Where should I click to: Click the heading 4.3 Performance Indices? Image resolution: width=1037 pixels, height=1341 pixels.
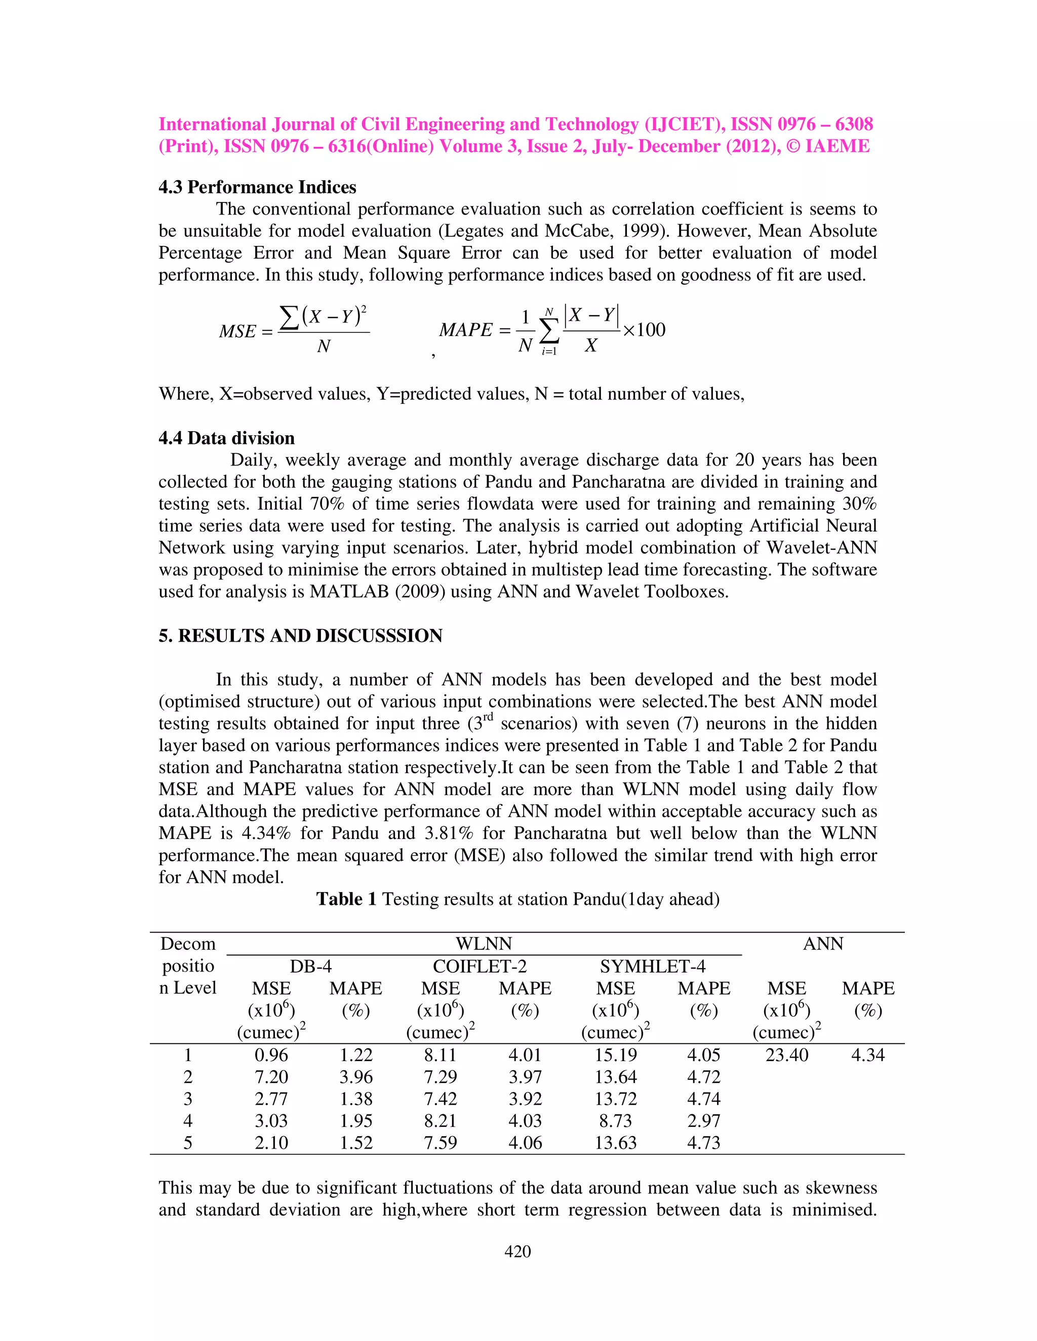click(x=257, y=187)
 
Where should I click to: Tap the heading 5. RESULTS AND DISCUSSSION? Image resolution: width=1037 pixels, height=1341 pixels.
click(x=300, y=636)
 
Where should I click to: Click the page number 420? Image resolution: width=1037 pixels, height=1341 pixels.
click(x=517, y=1251)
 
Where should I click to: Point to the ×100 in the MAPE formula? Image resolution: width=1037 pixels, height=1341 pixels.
click(x=644, y=330)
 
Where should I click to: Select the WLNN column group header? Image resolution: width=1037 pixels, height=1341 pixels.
click(x=484, y=943)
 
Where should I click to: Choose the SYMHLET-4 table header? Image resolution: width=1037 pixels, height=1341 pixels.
click(x=652, y=967)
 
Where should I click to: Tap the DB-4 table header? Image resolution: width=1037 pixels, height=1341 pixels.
click(x=310, y=967)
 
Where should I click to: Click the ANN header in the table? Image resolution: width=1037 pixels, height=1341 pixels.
click(x=823, y=943)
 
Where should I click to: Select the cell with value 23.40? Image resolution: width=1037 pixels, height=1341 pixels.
click(x=786, y=1055)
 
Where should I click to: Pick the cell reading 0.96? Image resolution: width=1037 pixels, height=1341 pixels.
click(x=271, y=1055)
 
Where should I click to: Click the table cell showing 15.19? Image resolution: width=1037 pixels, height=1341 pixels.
click(x=616, y=1055)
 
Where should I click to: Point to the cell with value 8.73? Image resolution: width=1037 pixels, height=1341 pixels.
click(x=616, y=1120)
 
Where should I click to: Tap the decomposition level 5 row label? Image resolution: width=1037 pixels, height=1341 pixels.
click(x=187, y=1143)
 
